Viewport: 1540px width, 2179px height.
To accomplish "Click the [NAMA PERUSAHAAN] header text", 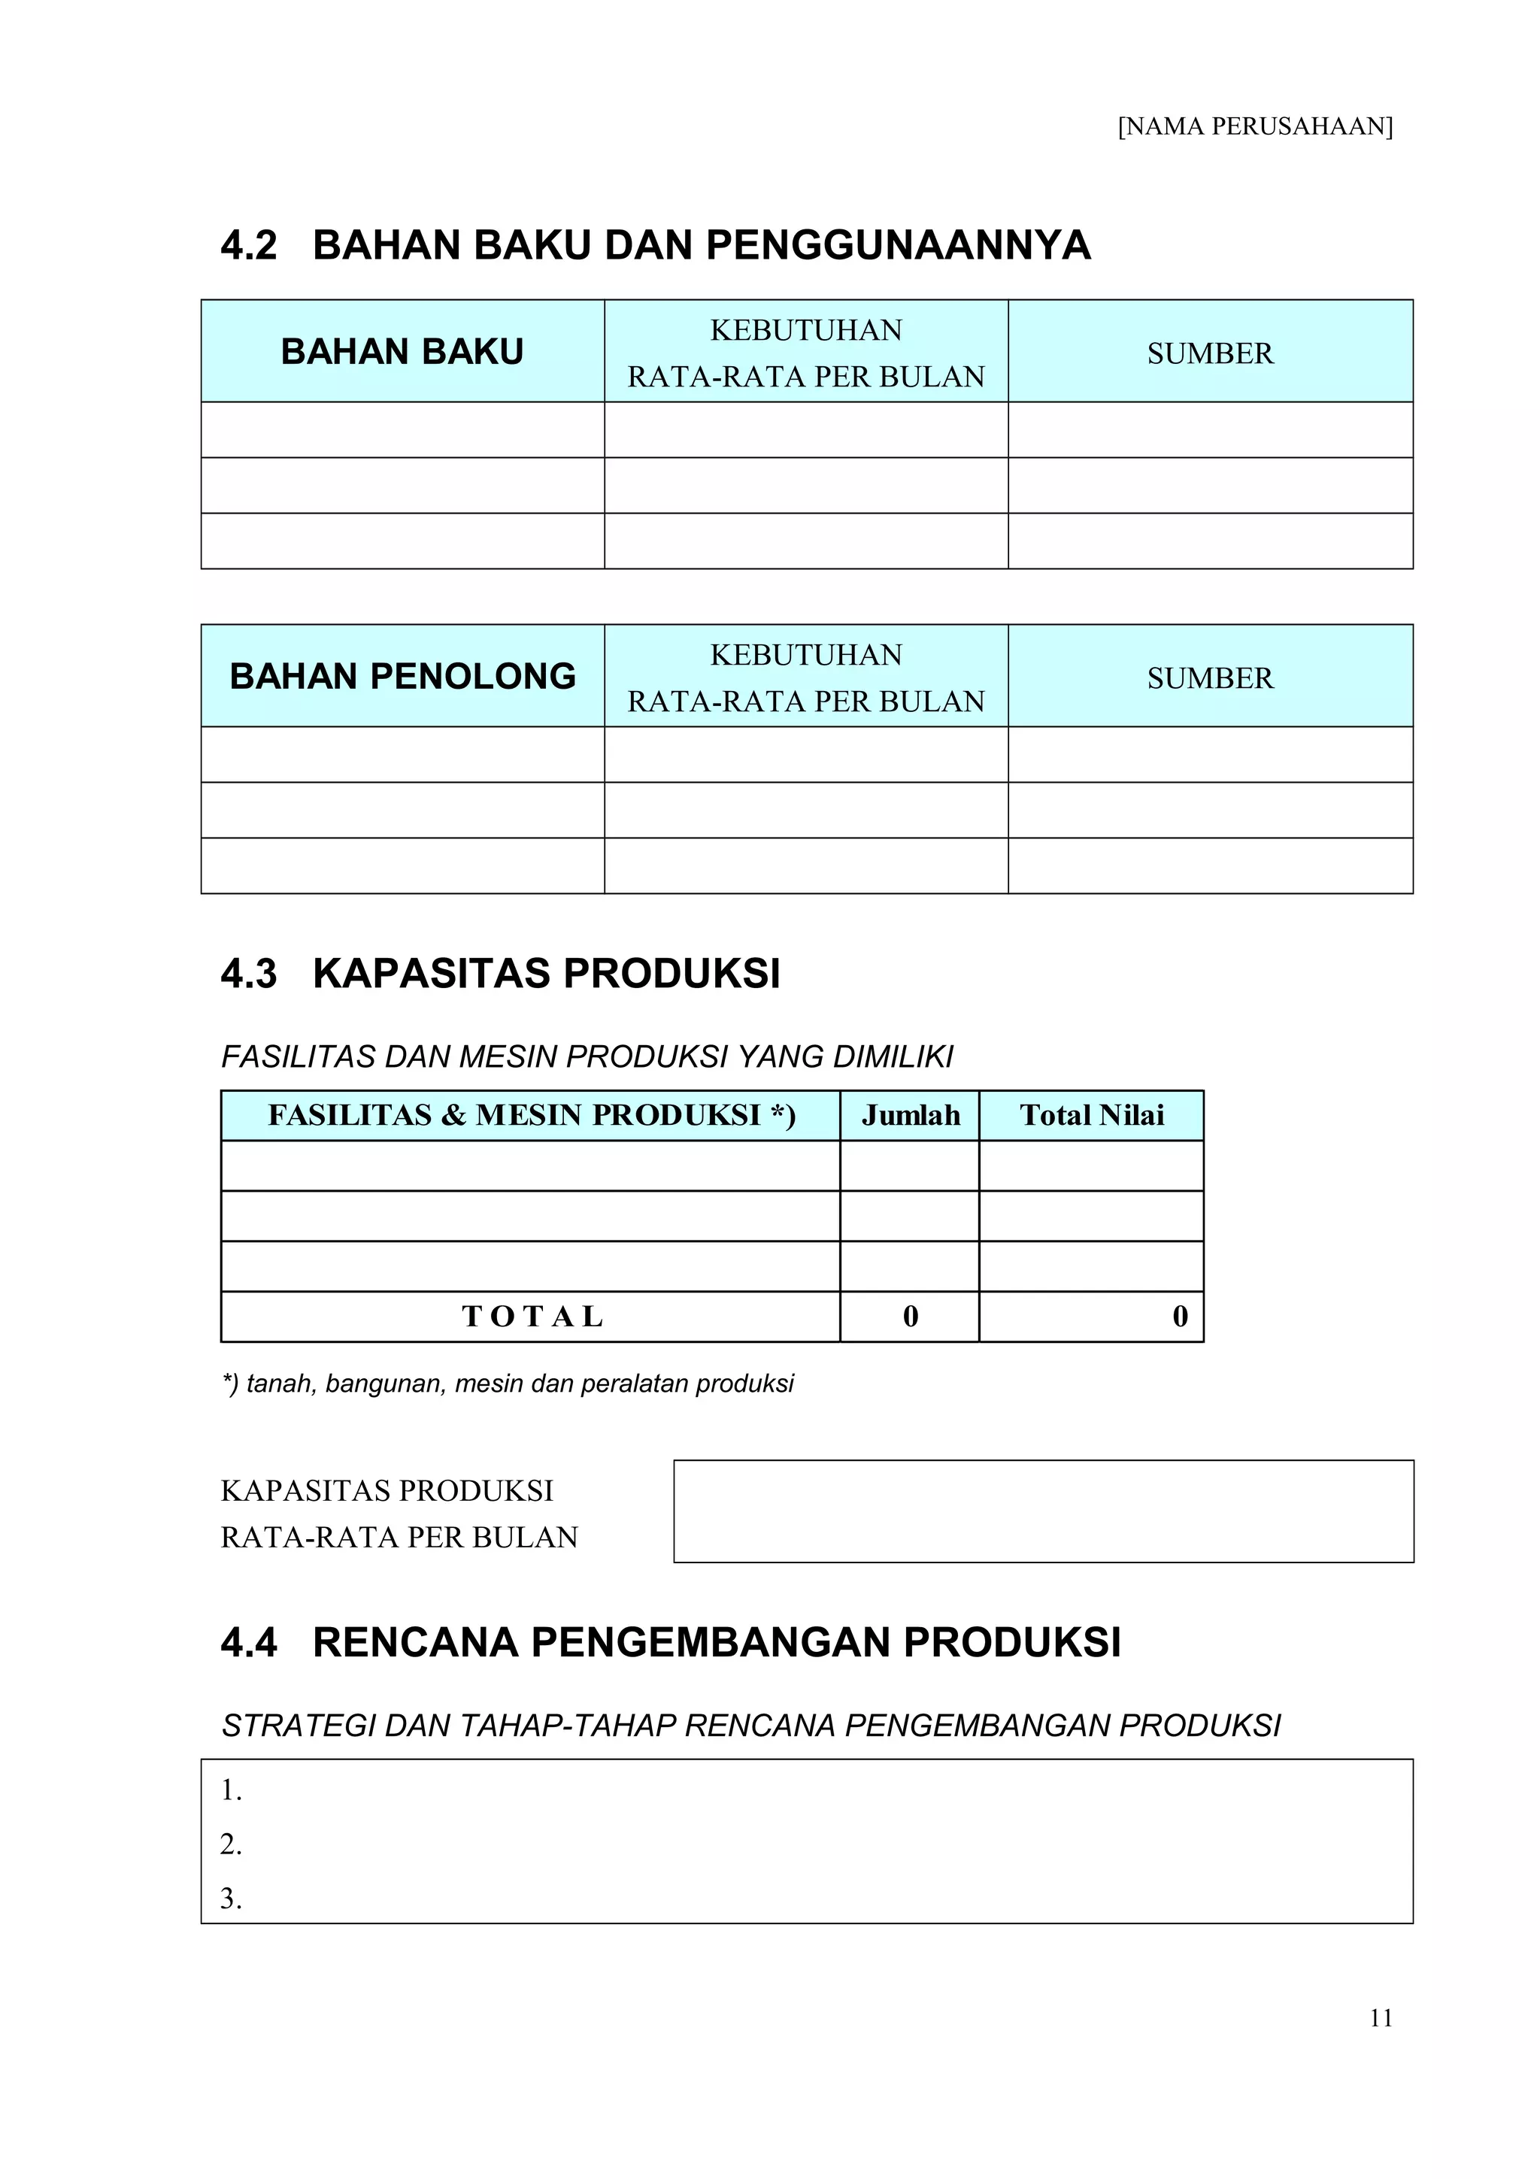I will pos(1254,126).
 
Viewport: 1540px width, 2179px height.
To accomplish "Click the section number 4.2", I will pos(249,245).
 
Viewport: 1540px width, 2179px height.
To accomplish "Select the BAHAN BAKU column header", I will pos(402,352).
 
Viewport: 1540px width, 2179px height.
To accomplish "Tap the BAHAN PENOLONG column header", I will pos(402,677).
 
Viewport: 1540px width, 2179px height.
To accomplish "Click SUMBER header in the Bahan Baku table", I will pos(1210,354).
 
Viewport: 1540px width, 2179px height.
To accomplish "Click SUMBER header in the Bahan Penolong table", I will pos(1210,678).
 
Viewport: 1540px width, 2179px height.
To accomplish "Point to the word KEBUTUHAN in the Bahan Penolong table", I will pos(805,655).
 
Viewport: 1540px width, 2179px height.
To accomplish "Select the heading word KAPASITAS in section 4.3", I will pos(432,974).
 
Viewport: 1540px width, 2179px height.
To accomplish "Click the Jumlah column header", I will pos(910,1115).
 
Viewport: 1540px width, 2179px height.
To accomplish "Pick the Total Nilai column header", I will pos(1091,1115).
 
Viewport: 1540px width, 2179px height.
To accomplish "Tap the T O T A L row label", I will pos(532,1317).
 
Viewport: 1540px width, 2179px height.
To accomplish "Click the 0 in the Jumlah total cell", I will pos(910,1317).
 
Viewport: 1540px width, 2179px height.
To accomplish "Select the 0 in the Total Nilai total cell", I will pos(1179,1317).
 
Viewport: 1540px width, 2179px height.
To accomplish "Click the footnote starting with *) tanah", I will pos(507,1383).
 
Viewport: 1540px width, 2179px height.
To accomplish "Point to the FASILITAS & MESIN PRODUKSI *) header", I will pos(532,1115).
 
